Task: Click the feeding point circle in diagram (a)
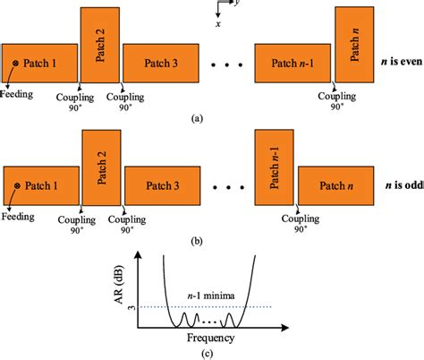tap(15, 63)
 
